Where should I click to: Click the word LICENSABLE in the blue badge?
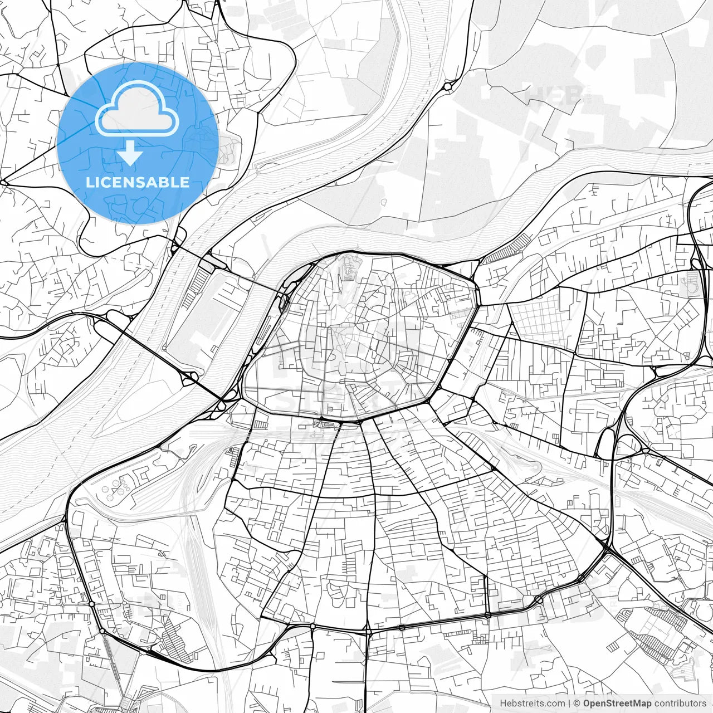(137, 183)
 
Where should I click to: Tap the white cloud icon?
(137, 109)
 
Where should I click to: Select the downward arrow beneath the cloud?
(130, 153)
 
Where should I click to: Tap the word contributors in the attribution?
(680, 704)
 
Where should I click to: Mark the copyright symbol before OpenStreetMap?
(577, 704)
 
